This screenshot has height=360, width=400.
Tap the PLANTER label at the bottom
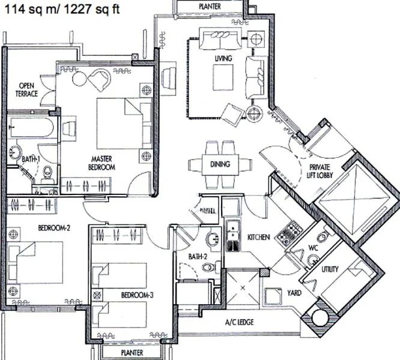132,353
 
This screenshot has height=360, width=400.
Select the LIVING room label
223,58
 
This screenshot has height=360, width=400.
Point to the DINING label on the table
220,164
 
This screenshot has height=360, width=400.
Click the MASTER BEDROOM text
99,163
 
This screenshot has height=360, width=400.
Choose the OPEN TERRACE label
27,89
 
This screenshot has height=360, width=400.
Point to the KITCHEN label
258,238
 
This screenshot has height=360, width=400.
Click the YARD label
294,293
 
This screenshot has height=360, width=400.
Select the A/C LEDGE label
239,322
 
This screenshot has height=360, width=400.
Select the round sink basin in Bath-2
212,241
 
